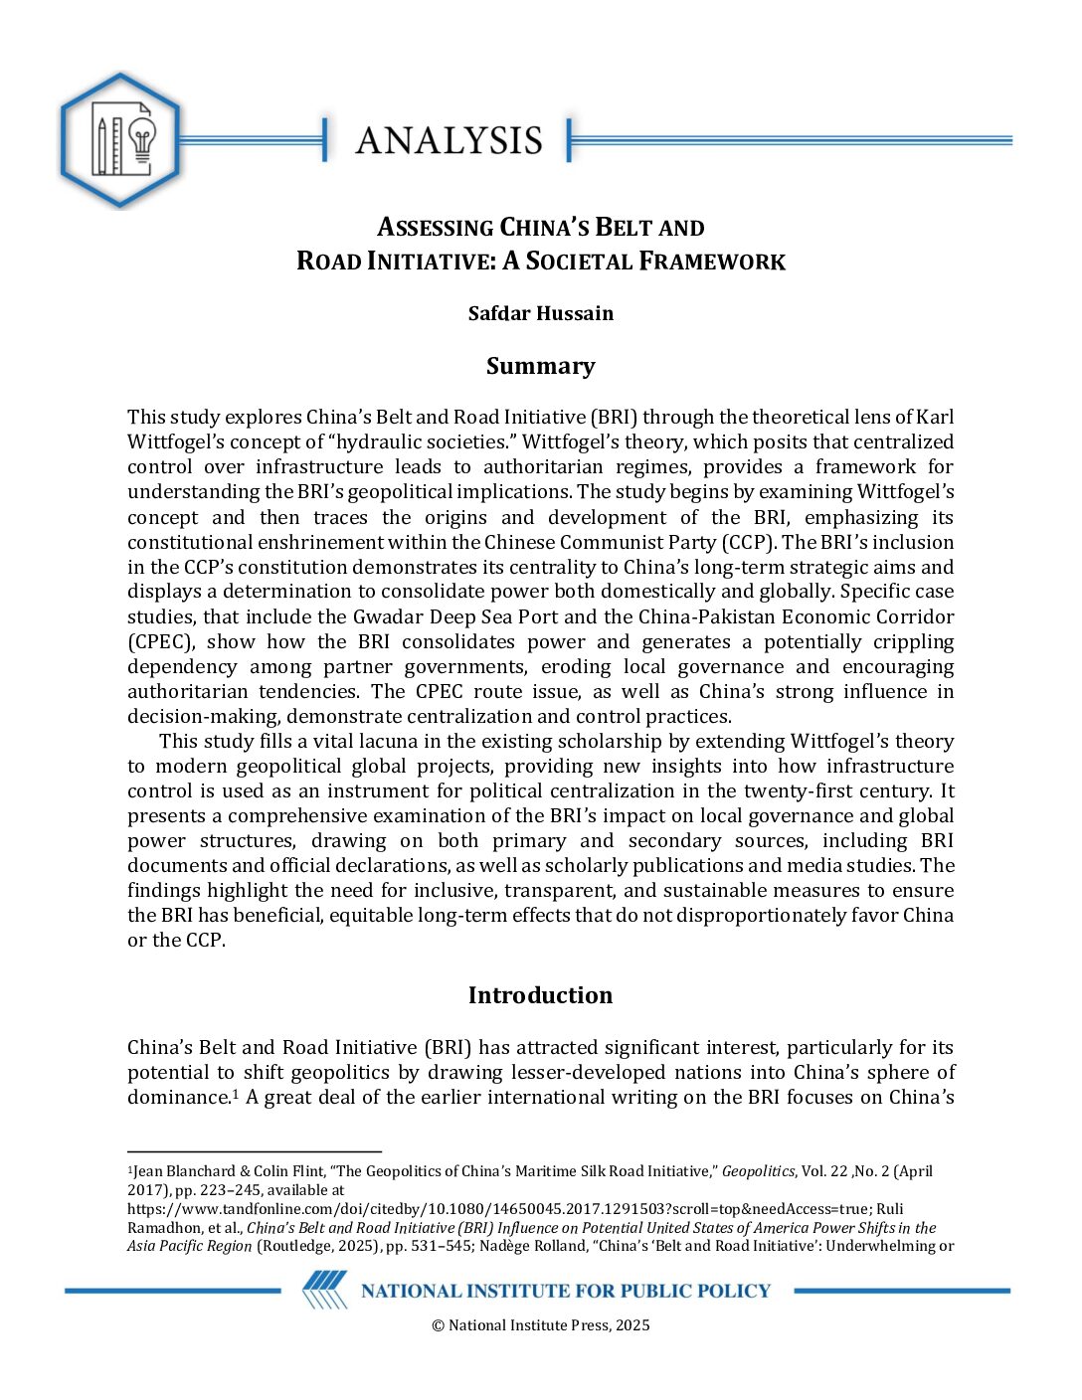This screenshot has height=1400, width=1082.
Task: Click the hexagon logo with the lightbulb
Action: [x=120, y=140]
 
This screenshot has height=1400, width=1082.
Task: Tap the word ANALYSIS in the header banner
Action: [x=449, y=141]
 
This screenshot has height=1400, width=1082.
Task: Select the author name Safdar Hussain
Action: [x=540, y=313]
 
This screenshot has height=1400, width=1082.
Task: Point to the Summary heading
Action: [x=540, y=366]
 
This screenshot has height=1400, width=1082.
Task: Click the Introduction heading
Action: [x=540, y=995]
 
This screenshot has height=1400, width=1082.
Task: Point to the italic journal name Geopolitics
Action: [x=758, y=1171]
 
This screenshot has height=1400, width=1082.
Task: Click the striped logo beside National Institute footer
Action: [x=324, y=1290]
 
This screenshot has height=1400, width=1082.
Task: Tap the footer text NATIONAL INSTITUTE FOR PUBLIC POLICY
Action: [x=565, y=1291]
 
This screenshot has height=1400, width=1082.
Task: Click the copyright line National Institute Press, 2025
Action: [x=540, y=1324]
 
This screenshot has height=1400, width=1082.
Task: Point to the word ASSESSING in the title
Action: [x=436, y=228]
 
